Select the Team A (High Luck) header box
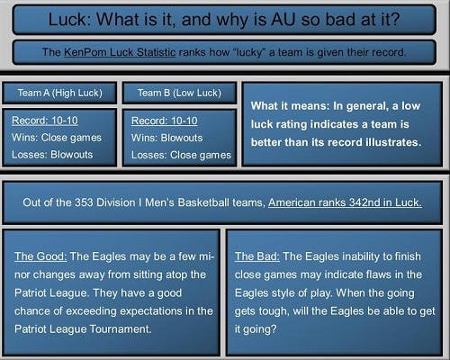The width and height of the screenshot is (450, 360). click(x=59, y=93)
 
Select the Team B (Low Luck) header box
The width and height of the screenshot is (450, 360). click(x=177, y=93)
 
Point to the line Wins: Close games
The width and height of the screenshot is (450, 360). click(x=57, y=137)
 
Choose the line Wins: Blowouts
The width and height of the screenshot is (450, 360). click(x=168, y=137)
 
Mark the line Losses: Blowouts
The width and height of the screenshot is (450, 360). click(x=55, y=155)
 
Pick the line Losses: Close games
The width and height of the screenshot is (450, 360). click(x=181, y=155)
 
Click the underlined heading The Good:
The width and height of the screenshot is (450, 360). click(x=40, y=256)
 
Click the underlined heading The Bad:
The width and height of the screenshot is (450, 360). click(x=256, y=256)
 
